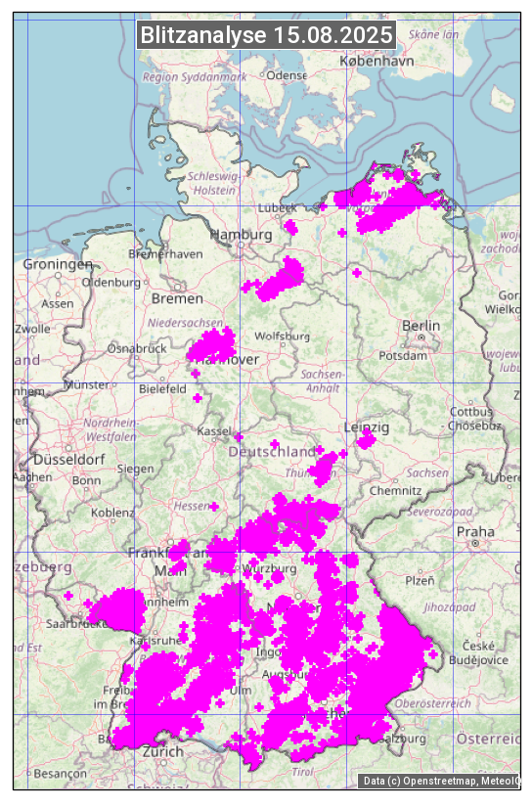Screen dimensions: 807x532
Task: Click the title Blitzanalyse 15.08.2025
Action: [267, 35]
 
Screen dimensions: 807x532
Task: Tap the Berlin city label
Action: [421, 326]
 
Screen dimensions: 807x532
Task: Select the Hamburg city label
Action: [242, 235]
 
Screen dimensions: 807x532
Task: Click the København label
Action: [377, 61]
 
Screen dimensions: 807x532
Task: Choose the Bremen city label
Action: [177, 298]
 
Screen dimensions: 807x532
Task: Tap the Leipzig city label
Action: [367, 427]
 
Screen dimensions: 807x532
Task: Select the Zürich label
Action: [162, 751]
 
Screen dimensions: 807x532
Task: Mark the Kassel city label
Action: [212, 431]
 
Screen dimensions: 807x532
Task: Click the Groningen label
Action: [58, 264]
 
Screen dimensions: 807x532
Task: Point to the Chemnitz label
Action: [402, 490]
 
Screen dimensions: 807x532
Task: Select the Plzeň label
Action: [420, 580]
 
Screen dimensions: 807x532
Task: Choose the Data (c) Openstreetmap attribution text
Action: [440, 781]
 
